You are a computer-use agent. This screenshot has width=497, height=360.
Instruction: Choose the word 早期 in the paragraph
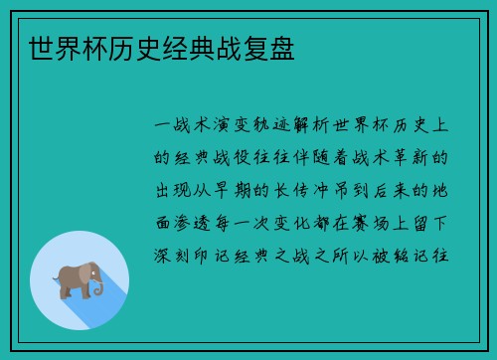click(247, 190)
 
